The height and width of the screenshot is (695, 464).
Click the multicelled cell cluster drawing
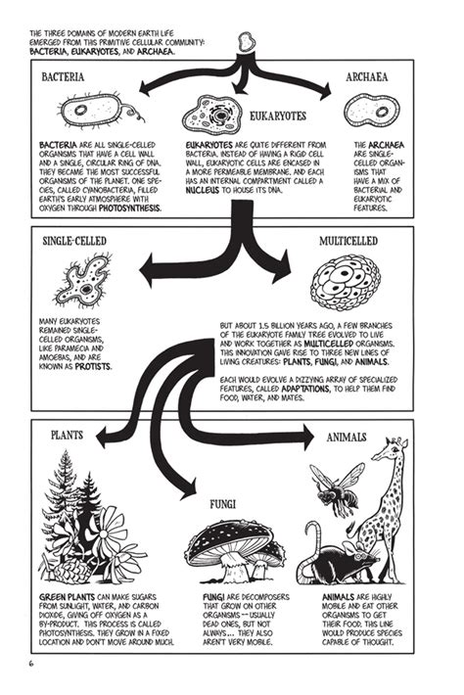pos(345,279)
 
